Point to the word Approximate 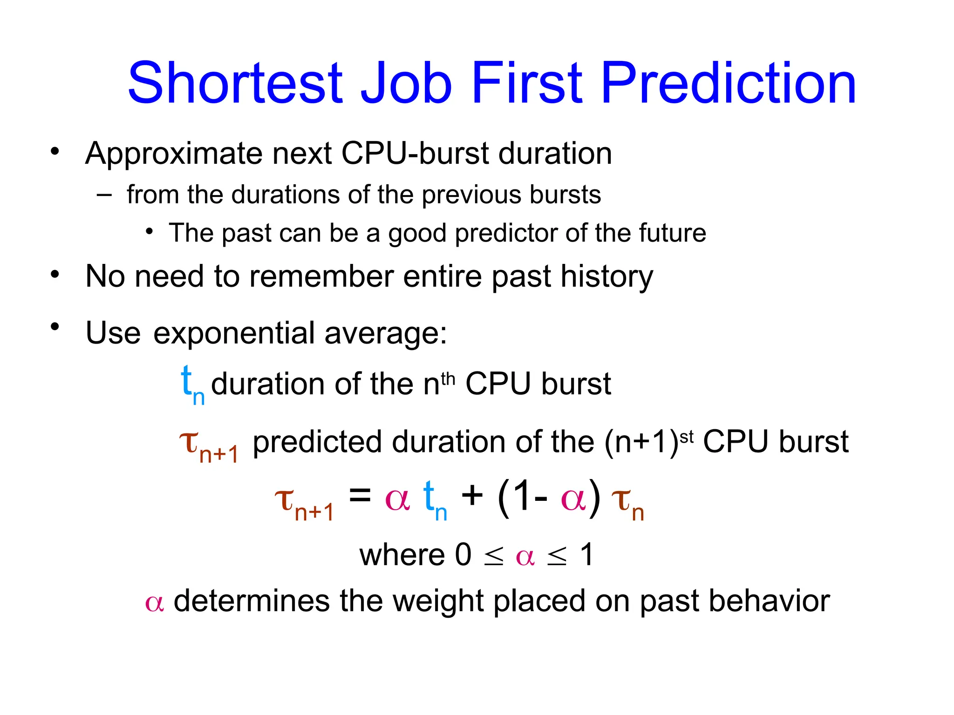coord(174,154)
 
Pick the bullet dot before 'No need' coord(55,274)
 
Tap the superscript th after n coord(448,379)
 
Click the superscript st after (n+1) coord(687,437)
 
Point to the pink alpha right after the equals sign coord(397,500)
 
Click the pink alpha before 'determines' coord(154,603)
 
